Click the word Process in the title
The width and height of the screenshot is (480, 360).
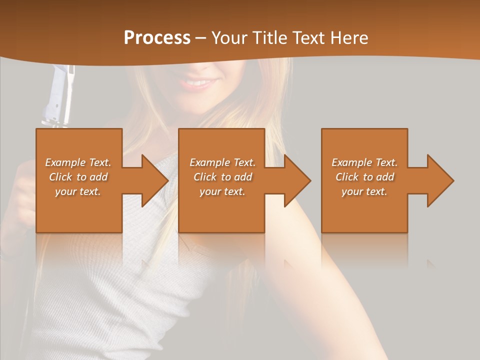pos(157,37)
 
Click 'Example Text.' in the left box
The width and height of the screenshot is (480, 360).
pos(78,162)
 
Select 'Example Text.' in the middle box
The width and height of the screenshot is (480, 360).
pos(222,162)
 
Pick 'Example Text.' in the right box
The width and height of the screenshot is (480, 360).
pos(364,162)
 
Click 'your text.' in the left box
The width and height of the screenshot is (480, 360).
pos(78,191)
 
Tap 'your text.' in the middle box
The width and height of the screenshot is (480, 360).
pos(222,191)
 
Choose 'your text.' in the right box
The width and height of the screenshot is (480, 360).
pos(364,191)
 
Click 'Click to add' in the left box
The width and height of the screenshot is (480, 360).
pos(78,177)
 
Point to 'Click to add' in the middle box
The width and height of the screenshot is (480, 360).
pos(222,177)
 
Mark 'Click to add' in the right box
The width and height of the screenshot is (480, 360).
pos(364,177)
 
